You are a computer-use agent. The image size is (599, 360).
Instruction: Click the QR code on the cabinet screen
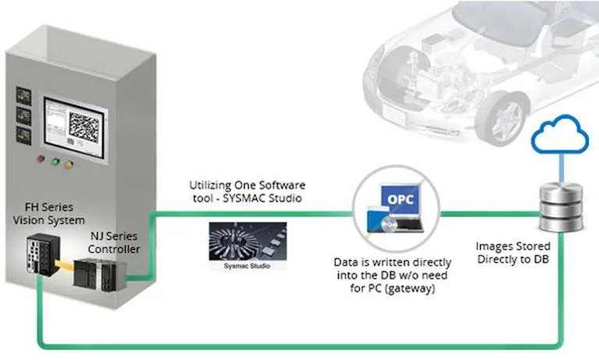84,127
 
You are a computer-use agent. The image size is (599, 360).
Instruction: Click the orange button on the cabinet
69,165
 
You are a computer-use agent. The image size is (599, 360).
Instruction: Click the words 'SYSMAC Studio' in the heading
270,198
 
